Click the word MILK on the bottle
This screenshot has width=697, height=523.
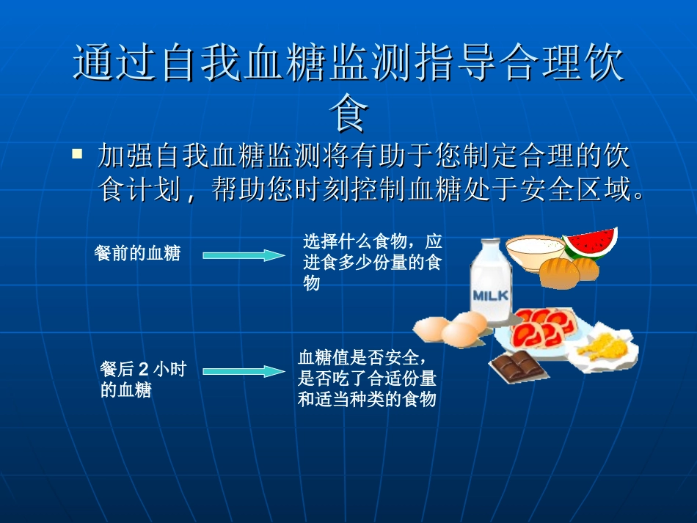click(x=491, y=296)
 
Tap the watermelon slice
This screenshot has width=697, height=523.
click(x=591, y=243)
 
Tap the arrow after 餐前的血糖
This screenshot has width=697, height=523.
click(x=244, y=255)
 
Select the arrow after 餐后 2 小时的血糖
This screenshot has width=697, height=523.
click(x=244, y=371)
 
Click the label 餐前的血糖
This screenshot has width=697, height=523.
click(x=138, y=255)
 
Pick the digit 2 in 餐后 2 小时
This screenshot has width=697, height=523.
click(x=144, y=370)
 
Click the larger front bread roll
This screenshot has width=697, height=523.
click(x=560, y=274)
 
